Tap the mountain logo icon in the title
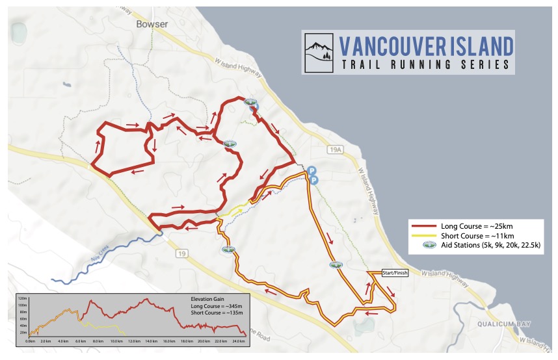[321, 51]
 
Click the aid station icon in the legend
[428, 245]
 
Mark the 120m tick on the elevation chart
[22, 298]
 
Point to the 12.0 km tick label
[134, 341]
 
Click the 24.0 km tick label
[238, 341]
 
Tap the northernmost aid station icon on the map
[249, 102]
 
